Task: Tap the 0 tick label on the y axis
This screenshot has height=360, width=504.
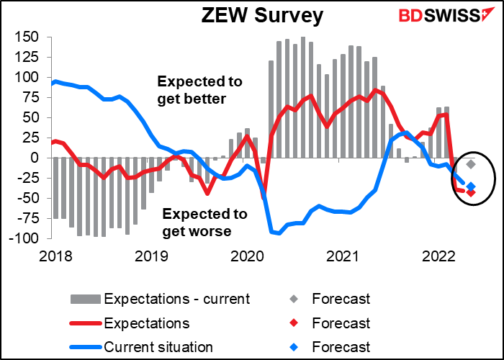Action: pos(42,158)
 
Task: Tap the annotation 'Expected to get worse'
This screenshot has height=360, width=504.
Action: pos(204,222)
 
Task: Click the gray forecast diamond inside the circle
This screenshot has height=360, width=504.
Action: pos(471,164)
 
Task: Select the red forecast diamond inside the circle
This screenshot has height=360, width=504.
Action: pos(471,192)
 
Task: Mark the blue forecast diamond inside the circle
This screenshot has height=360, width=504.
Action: pos(471,186)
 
